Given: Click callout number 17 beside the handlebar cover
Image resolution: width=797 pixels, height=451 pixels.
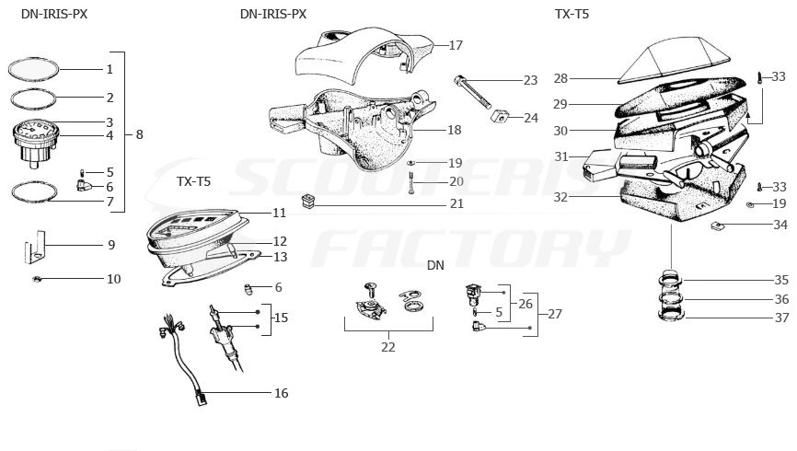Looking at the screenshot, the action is pos(456,45).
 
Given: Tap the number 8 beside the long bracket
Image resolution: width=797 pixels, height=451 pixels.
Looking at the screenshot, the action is pos(139,134).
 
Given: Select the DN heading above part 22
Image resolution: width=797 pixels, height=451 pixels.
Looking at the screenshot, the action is pos(435,265).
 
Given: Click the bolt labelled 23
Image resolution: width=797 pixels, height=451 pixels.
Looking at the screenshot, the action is pos(473,91).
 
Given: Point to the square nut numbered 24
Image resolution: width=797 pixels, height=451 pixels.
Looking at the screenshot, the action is pos(499,117).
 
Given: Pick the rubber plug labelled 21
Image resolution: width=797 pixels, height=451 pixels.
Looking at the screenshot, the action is pos(308,201).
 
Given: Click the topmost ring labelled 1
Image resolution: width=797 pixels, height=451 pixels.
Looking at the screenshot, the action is pos(33,69).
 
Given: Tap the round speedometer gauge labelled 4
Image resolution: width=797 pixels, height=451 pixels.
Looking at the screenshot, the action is pos(35,143).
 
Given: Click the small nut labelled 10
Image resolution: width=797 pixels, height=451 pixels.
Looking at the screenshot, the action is pos(37,279).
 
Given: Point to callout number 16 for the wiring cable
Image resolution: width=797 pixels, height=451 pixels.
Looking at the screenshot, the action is pos(281,393).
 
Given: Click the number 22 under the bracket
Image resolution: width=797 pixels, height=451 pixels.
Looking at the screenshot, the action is pos(388,347).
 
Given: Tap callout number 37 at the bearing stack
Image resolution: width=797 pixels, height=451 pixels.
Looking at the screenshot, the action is pos(781,318).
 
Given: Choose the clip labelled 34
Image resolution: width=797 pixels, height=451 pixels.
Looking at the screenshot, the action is pos(716,225).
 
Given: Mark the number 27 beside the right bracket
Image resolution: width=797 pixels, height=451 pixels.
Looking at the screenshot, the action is pos(555,314).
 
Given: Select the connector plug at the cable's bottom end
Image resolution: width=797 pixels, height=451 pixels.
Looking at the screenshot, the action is pos(201,397).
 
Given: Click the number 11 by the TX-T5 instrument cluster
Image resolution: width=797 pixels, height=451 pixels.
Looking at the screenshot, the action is pos(280,213).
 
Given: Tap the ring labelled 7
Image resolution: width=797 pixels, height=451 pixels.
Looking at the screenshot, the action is pos(35,192).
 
